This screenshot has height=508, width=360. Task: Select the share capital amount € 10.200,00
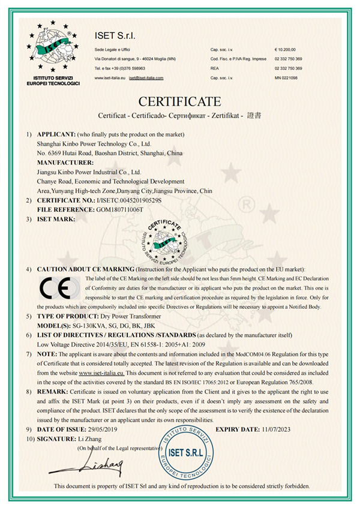(x=286, y=49)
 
